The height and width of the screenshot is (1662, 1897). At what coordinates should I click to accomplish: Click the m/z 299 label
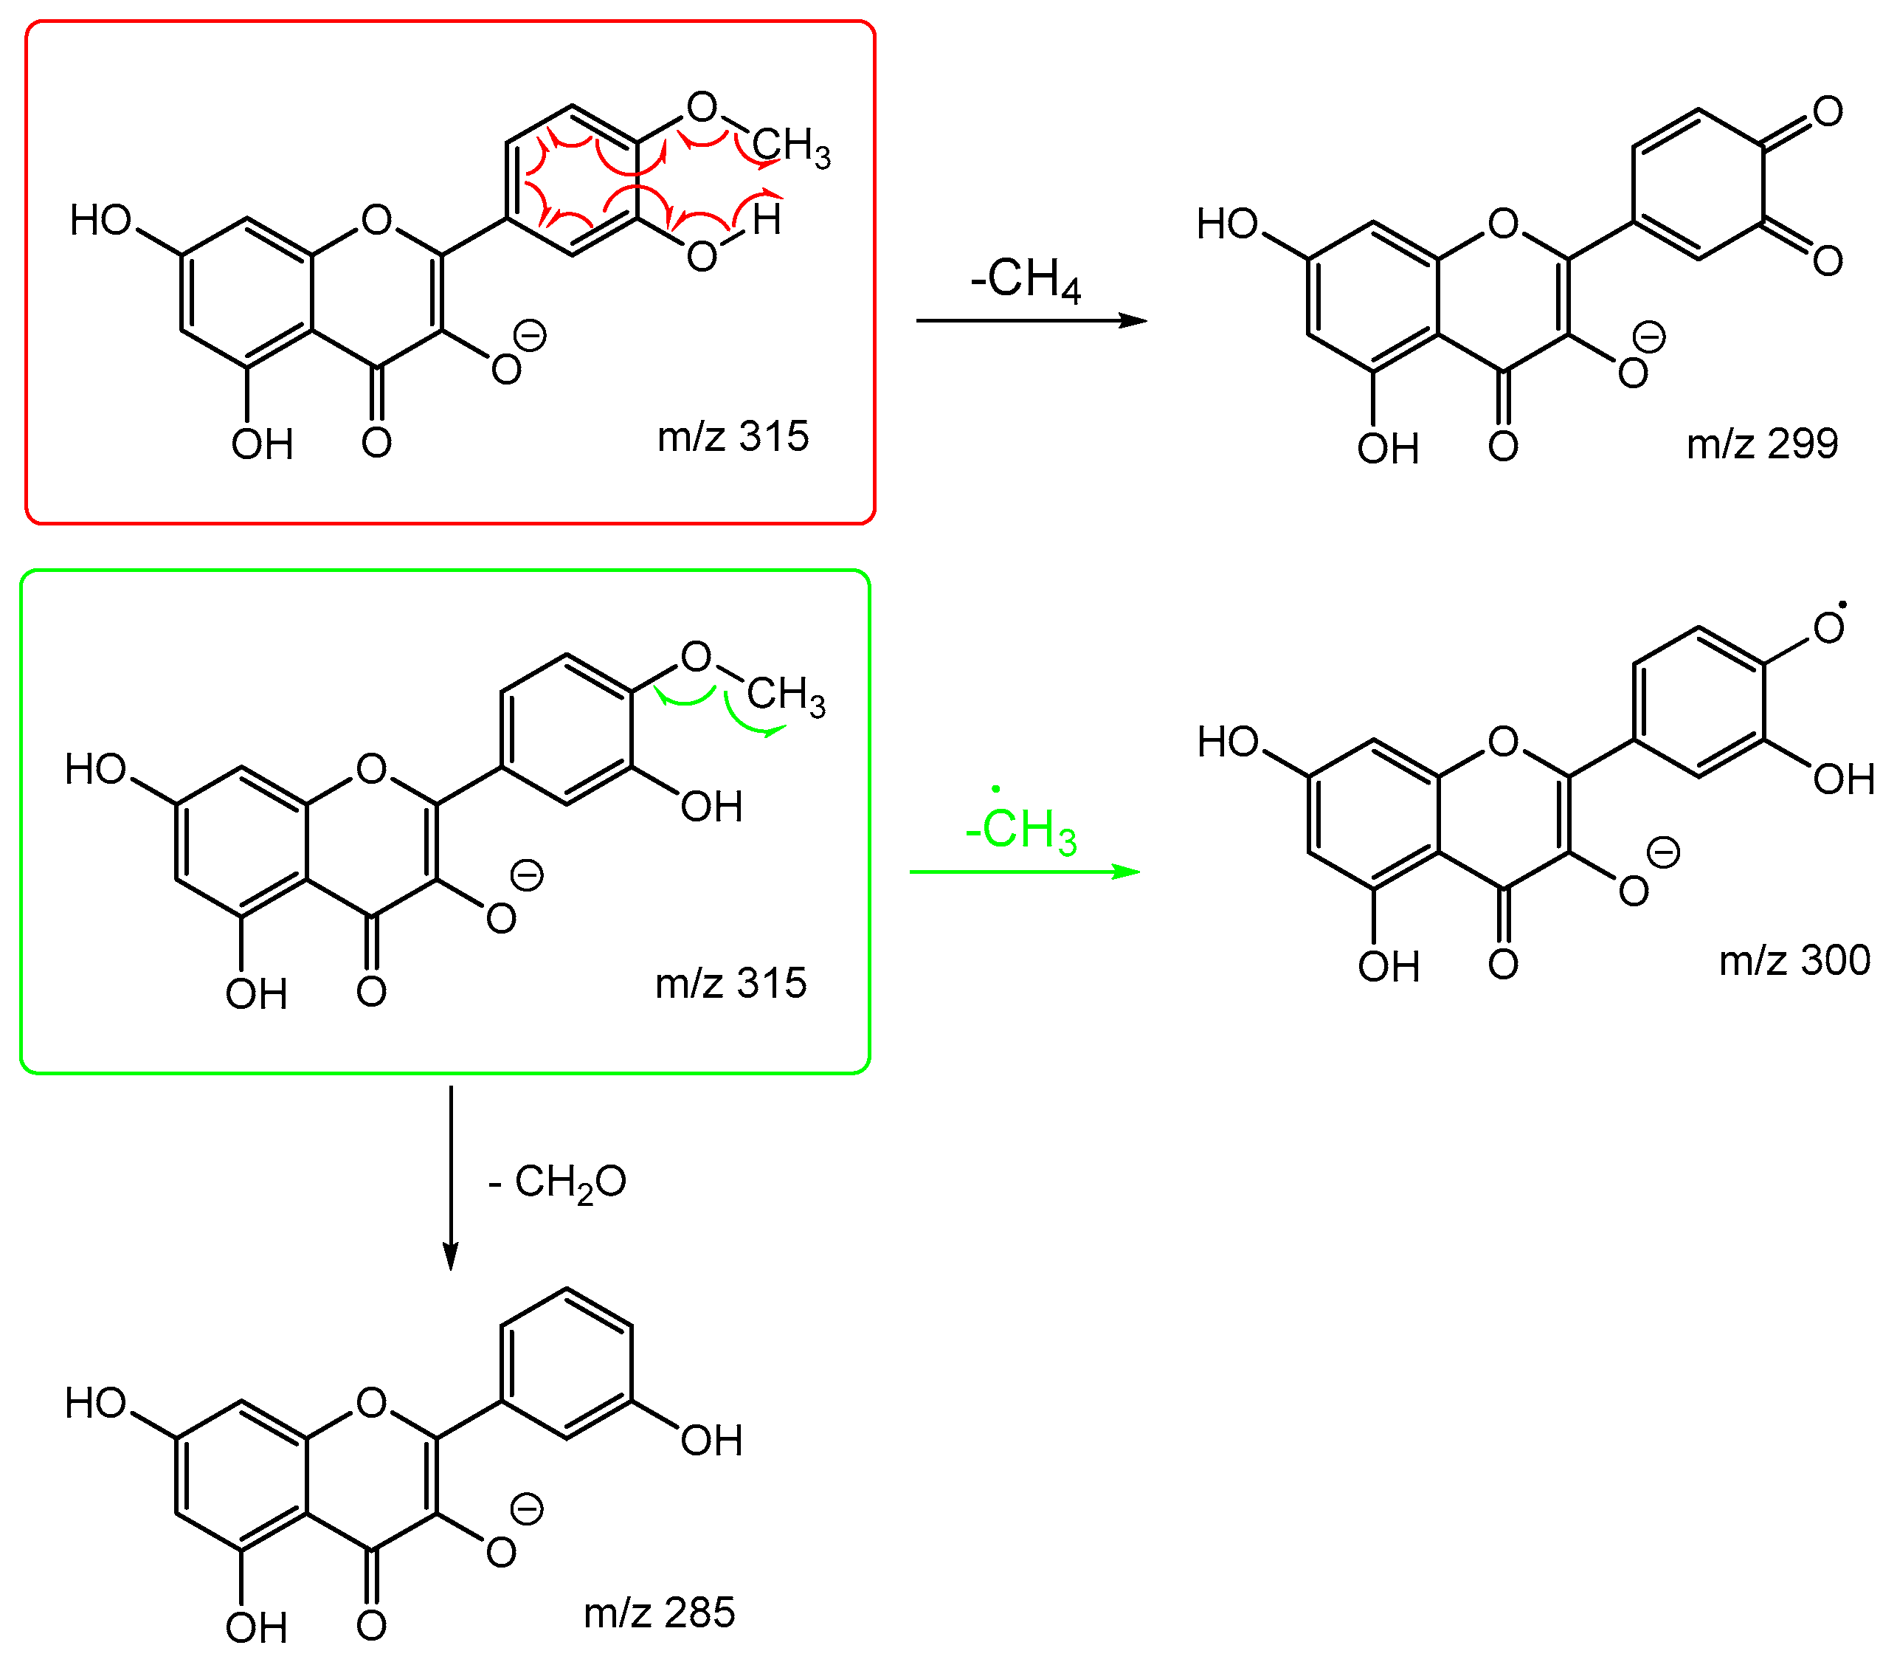coord(1762,444)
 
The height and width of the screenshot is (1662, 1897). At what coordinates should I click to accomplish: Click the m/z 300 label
coord(1794,960)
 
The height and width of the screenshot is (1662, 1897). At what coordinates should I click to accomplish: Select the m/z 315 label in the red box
coord(733,436)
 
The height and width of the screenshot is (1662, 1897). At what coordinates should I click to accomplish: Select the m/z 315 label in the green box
coord(730,983)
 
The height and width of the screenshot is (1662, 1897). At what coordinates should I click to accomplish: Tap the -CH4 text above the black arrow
coord(1026,278)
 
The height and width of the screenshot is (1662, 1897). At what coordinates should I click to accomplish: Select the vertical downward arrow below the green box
coord(451,1178)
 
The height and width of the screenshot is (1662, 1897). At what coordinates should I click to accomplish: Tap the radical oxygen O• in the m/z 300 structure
coord(1828,628)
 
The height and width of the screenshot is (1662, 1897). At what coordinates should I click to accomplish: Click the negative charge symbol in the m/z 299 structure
coord(1649,337)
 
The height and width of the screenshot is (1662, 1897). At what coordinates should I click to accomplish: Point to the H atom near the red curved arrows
coord(767,221)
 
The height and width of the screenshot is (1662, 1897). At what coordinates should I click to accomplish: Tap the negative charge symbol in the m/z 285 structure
coord(528,1509)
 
